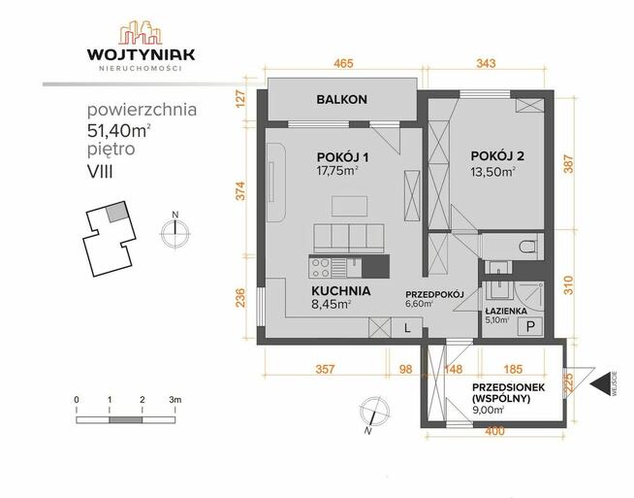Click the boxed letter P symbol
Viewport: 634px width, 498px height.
(531, 327)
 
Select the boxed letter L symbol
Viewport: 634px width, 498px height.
(407, 329)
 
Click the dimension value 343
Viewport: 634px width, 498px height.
(487, 64)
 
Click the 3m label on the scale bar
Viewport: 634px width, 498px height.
(175, 400)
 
